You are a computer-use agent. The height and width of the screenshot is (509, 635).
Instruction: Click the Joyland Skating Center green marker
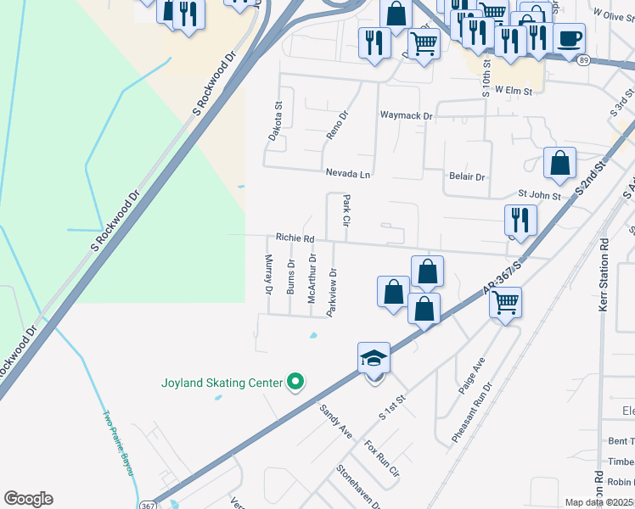pos(295,383)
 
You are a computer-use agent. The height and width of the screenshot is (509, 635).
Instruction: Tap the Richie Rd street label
pos(295,238)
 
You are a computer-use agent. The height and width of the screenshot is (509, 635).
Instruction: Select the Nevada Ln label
pos(349,173)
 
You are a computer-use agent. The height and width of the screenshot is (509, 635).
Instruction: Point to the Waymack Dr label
pos(406,115)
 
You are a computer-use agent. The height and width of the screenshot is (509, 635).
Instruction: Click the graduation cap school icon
pos(374,359)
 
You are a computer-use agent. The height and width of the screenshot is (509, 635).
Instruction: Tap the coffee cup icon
pos(570,38)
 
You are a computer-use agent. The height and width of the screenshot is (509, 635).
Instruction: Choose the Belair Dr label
pos(466,177)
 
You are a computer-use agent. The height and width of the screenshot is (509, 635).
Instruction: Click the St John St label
pos(540,196)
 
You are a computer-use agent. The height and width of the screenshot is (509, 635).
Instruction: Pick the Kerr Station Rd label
pos(604,272)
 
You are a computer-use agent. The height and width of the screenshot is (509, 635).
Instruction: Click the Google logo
pos(28,499)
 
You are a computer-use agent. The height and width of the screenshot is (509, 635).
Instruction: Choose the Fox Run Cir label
pos(381,462)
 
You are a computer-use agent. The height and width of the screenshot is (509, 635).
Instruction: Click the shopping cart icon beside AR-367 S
pos(505,301)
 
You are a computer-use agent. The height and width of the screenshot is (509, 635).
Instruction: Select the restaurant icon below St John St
pos(520,220)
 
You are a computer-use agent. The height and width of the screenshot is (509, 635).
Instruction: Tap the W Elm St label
pos(514,90)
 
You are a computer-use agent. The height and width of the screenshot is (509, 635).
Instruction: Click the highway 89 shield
pos(583,60)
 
